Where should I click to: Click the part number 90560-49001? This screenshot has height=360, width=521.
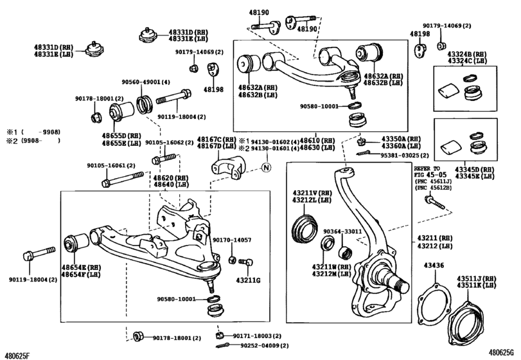(142, 82)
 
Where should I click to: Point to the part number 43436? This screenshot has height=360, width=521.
(433, 265)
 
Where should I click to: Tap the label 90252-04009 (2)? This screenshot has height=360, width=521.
(263, 346)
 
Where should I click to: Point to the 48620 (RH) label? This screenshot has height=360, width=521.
(172, 177)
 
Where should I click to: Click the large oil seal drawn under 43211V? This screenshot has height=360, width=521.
(301, 228)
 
